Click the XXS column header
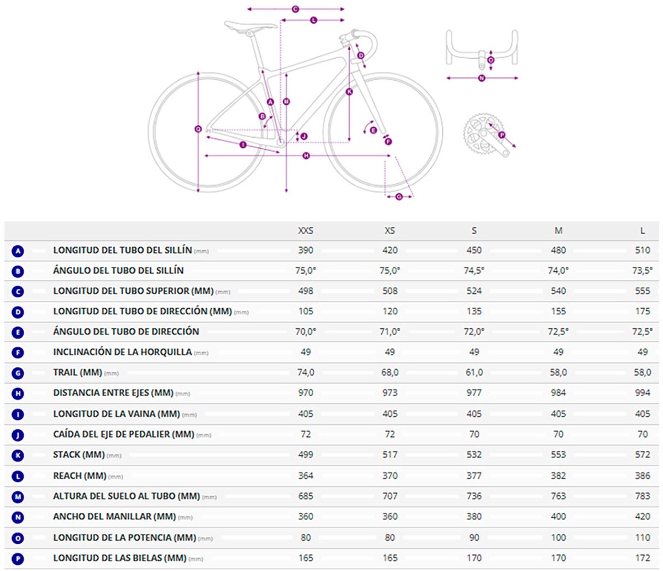coord(306,230)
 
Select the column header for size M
coord(558,230)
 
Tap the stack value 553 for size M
coord(558,455)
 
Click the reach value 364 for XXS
coord(306,475)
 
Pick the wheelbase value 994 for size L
coord(643,393)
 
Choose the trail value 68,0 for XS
coord(390,372)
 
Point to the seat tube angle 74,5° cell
coord(474,271)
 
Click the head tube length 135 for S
coord(474,311)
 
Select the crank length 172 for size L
coord(643,558)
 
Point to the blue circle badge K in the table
coord(18,455)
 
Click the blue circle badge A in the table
coord(18,251)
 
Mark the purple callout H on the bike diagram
coord(306,156)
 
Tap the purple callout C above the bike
coord(295,9)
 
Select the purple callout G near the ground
coord(399,197)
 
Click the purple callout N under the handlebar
coord(481,78)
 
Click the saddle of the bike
coord(250,25)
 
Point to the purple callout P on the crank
coord(502,135)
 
